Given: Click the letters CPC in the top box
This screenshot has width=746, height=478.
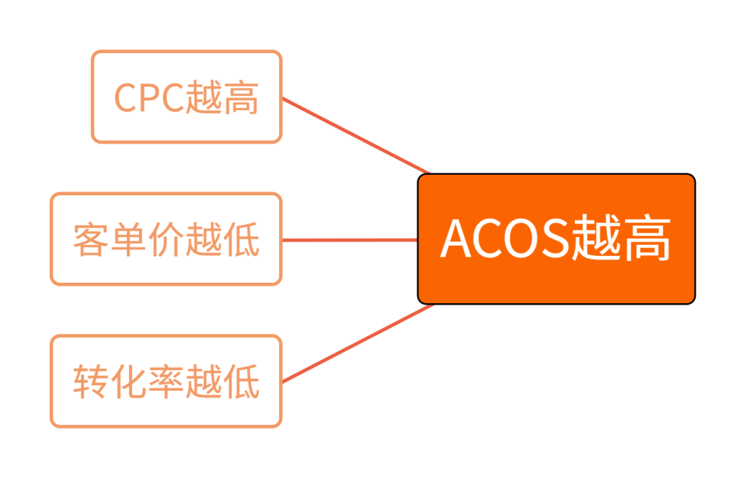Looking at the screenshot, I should (x=149, y=98).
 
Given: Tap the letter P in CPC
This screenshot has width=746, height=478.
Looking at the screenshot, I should (x=149, y=98).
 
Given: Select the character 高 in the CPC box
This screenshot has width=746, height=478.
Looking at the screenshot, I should (x=240, y=98).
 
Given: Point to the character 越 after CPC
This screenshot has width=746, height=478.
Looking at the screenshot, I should (x=203, y=98).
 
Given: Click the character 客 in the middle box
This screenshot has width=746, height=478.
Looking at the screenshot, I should (x=91, y=240).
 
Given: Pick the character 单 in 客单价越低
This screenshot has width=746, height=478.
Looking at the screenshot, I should (x=128, y=240).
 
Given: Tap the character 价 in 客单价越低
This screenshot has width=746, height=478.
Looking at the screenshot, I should (x=166, y=240).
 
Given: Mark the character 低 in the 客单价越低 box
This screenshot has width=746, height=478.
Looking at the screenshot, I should (x=241, y=240).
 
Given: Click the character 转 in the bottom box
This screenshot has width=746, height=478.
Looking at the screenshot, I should (x=91, y=382).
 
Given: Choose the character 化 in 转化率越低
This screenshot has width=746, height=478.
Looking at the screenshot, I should (x=128, y=382).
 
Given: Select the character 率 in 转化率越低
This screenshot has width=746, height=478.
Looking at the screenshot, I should (x=166, y=382).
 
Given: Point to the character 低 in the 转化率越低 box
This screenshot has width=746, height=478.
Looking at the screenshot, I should (x=241, y=382).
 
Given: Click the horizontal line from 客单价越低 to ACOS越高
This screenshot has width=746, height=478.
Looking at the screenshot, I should (x=350, y=240).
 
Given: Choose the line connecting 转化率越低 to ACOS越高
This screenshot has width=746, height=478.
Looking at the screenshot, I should (x=357, y=343).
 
